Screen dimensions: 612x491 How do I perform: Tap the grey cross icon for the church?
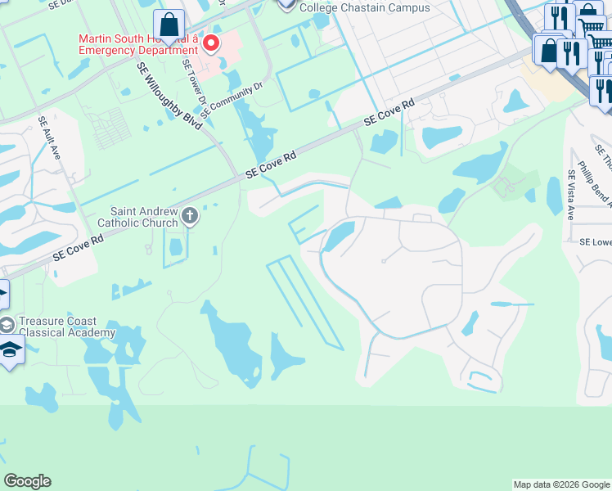[190, 217]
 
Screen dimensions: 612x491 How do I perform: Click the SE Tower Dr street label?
[194, 83]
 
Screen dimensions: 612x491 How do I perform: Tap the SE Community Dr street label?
[235, 96]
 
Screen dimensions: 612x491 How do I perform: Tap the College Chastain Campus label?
[364, 7]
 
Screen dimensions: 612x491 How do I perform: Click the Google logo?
[27, 481]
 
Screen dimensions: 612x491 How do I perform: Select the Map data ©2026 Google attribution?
[561, 484]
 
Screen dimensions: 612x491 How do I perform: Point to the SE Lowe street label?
[595, 242]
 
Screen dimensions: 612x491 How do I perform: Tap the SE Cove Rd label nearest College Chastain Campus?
[389, 113]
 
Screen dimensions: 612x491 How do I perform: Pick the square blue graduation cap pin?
[10, 352]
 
